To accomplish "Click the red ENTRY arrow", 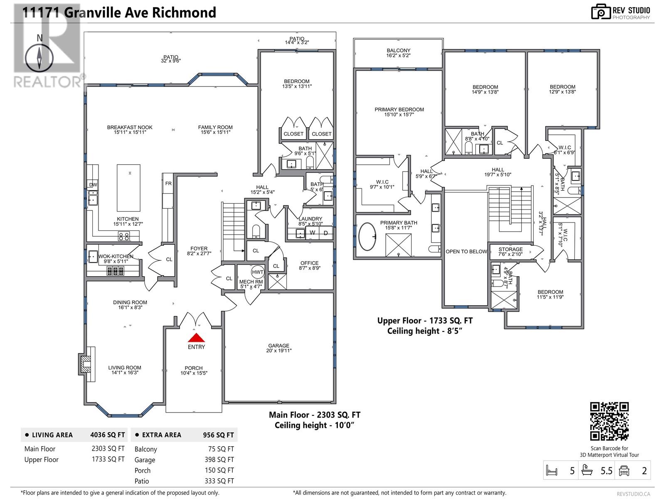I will [x=196, y=338].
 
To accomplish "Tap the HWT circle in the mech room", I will [x=258, y=272].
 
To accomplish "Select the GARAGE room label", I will [x=278, y=346].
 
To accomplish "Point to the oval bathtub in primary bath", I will [x=367, y=237].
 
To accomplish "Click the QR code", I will [x=609, y=421].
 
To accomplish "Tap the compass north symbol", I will [x=39, y=58].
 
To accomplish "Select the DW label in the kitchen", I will [x=93, y=185].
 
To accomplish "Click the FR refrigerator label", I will [x=168, y=183].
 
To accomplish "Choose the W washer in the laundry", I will [x=312, y=233].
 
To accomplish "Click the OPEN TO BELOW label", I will [x=466, y=252].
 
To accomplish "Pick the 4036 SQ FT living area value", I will [x=107, y=435].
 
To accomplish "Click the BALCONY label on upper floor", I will [x=398, y=50].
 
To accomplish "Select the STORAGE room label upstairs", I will [x=510, y=249].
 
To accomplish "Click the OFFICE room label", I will [x=309, y=263].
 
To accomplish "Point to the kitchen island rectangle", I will [x=128, y=188].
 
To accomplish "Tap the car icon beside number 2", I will [x=624, y=471].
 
